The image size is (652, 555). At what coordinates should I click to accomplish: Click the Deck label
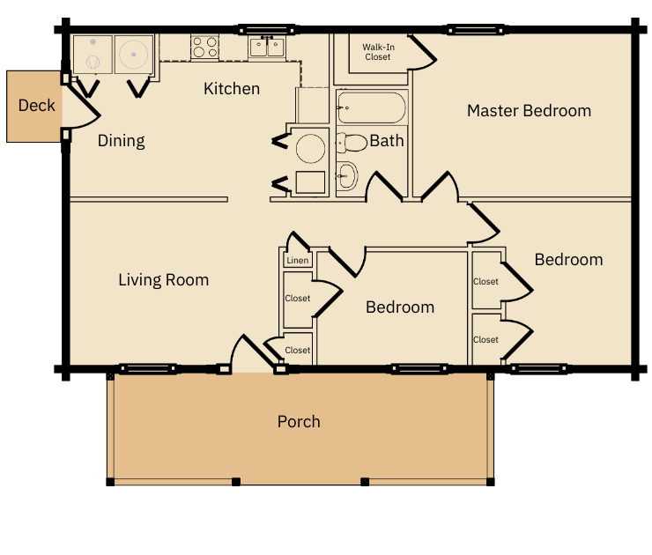click(x=37, y=106)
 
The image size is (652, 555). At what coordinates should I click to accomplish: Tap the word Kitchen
click(x=232, y=89)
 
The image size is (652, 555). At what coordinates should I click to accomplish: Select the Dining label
click(x=121, y=141)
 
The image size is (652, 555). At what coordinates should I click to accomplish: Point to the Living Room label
click(x=164, y=280)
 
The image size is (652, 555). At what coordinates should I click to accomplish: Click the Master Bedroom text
click(x=529, y=111)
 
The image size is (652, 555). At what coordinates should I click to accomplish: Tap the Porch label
click(x=299, y=422)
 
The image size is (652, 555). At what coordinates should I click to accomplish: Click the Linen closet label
click(x=298, y=261)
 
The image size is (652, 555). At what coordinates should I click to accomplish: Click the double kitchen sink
click(x=266, y=47)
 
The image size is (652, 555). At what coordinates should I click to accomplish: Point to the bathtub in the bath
click(x=372, y=109)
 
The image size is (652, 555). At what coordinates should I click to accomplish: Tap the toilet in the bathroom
click(x=352, y=142)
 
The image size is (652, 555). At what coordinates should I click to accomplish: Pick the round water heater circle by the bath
click(x=311, y=147)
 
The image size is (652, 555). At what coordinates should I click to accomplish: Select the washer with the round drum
click(x=134, y=55)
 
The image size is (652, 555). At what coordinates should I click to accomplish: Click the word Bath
click(x=387, y=141)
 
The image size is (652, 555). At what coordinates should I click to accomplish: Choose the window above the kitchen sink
click(x=266, y=31)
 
